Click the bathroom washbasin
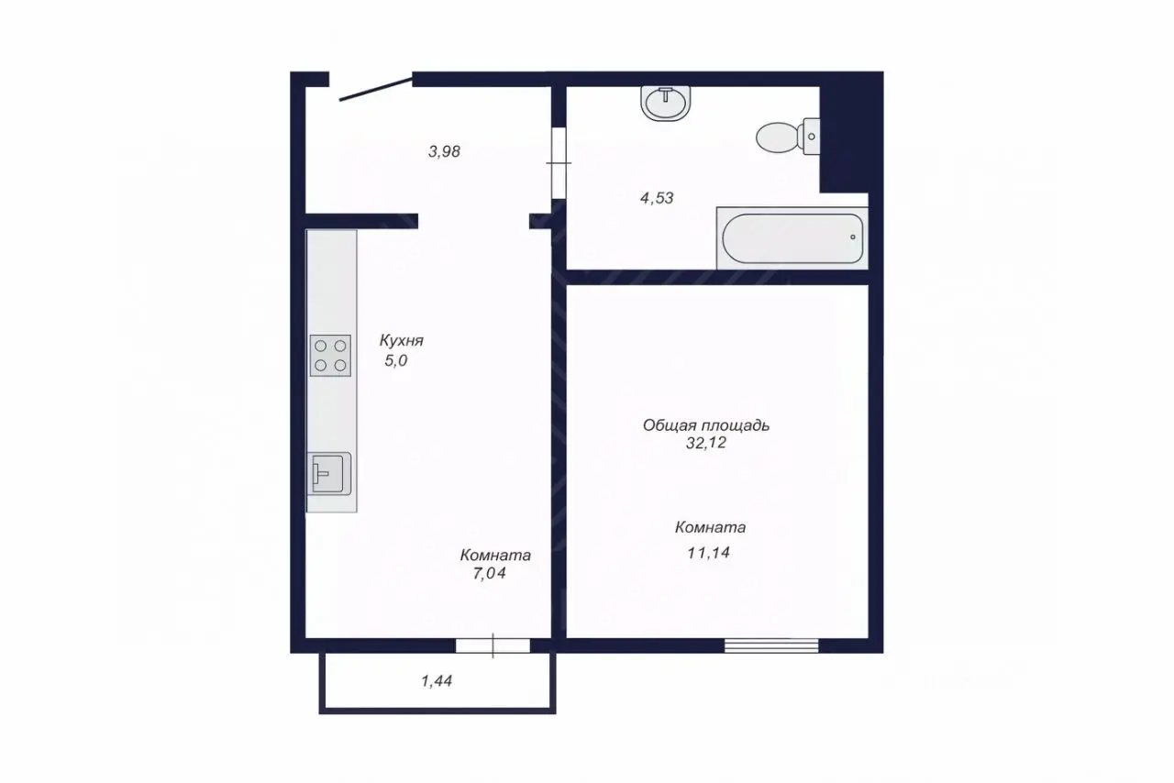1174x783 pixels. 665,104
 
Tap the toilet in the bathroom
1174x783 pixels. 788,137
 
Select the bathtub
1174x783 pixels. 792,238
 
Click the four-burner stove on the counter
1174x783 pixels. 330,356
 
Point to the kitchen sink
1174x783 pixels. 328,474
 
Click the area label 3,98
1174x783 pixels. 445,151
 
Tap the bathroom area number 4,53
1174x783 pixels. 657,198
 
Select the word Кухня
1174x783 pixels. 402,341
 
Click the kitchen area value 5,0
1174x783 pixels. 396,360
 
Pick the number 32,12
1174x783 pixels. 706,443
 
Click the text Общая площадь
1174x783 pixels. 706,425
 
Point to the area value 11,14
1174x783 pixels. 709,552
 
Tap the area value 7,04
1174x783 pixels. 490,573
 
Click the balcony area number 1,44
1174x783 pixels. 437,681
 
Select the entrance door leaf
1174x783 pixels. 376,89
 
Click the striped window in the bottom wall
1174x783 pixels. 771,645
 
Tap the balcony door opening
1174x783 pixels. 493,645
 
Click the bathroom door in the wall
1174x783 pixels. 559,163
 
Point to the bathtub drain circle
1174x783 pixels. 853,237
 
